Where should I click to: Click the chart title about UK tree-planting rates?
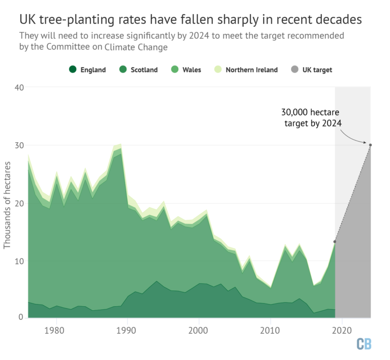190,20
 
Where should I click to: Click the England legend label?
92,70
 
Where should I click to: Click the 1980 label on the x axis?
56,330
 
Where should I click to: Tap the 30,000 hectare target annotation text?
311,117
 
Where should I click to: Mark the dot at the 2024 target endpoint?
370,145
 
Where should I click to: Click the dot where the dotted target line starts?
335,242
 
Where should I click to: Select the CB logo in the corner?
364,344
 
